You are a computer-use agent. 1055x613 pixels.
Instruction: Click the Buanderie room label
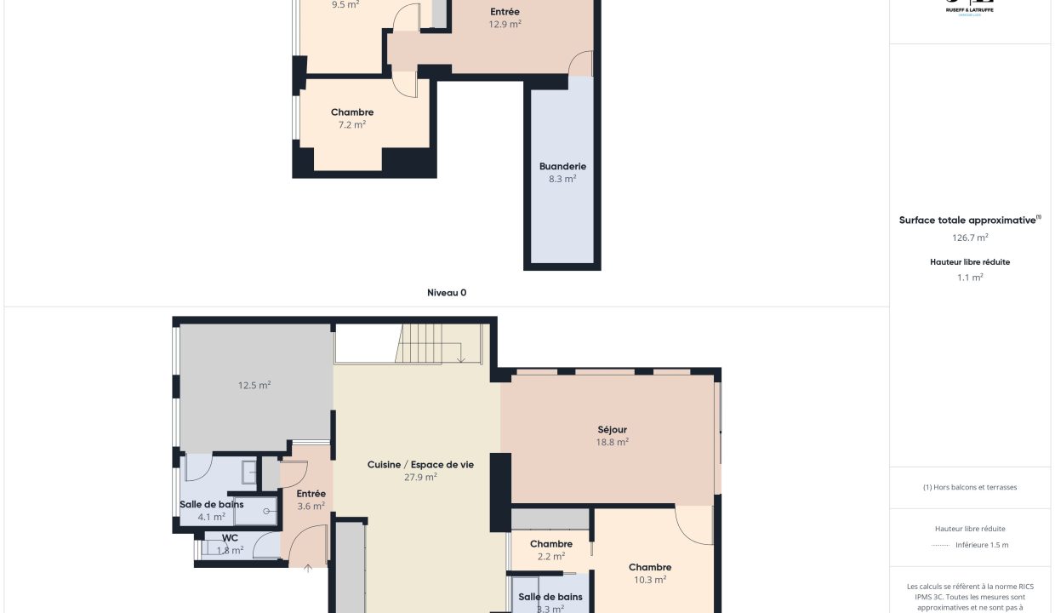pos(562,166)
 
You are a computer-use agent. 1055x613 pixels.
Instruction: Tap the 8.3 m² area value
pos(562,179)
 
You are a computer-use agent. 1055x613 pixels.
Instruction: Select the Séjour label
pos(612,430)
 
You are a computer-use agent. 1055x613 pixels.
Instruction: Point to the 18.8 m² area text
pos(612,443)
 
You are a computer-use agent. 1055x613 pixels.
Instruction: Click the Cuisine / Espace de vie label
pos(420,465)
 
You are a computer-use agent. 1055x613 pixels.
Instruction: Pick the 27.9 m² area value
pos(420,478)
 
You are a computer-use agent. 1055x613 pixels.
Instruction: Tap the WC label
pos(230,538)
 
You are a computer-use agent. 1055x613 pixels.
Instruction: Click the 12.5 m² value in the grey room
pos(254,386)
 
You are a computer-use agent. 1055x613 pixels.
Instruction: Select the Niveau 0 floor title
pos(447,293)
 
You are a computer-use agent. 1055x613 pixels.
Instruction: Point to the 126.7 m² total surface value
pos(970,238)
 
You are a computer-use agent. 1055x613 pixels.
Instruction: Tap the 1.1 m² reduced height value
pos(970,278)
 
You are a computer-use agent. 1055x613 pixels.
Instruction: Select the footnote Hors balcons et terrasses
pos(970,488)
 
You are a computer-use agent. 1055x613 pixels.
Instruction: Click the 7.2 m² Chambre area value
pos(351,124)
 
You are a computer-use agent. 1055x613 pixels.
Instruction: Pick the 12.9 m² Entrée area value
pos(505,25)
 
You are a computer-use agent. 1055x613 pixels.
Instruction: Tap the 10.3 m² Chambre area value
pos(649,580)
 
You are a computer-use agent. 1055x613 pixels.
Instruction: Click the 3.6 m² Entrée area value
pos(311,507)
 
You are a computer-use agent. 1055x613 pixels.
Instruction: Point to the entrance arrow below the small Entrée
pos(308,569)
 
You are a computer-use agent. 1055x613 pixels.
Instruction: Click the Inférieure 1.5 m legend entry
pos(981,545)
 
